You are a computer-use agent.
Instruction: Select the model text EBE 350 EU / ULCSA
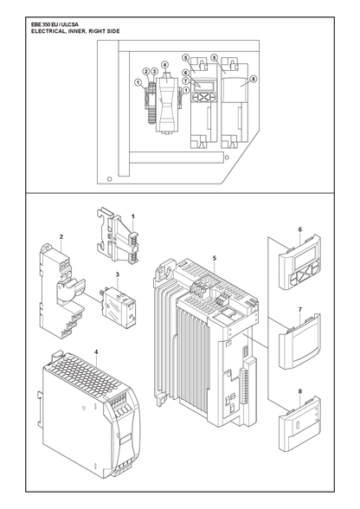55,24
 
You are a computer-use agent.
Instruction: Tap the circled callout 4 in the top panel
165,65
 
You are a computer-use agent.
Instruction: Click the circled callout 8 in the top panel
254,79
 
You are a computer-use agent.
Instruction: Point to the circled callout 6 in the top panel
185,73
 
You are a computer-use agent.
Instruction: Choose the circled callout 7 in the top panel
185,81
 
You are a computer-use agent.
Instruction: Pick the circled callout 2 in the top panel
146,71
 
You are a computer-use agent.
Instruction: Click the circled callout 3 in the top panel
154,71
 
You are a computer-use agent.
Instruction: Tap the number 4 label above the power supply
96,351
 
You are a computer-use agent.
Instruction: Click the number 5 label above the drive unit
215,258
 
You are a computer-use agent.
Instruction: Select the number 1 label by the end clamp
133,216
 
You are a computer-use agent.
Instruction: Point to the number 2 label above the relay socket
61,236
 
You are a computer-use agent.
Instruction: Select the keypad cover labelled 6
299,261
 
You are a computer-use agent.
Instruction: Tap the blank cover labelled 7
299,342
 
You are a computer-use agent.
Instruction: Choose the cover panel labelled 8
299,424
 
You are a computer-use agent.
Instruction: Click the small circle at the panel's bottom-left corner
110,178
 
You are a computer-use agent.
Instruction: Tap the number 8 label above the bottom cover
299,391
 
